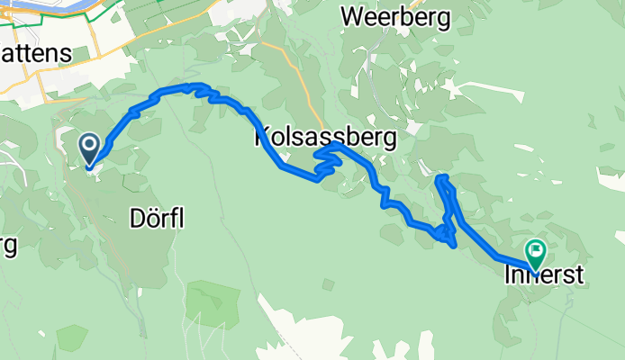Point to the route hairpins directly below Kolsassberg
click(x=326, y=165)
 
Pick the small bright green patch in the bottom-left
click(x=71, y=337)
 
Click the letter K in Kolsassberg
click(x=263, y=139)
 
